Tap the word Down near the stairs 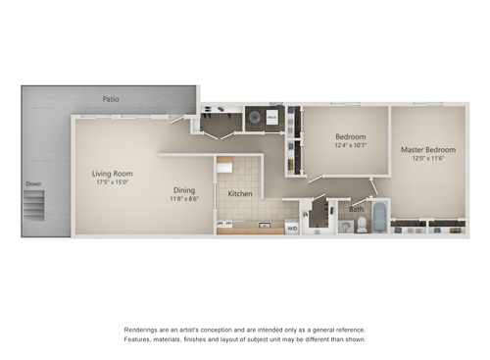(33, 182)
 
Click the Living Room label (112, 174)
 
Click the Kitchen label (240, 194)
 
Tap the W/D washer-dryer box (291, 228)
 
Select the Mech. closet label (272, 116)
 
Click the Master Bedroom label (426, 150)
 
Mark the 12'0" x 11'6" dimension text (426, 159)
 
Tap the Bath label (357, 208)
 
